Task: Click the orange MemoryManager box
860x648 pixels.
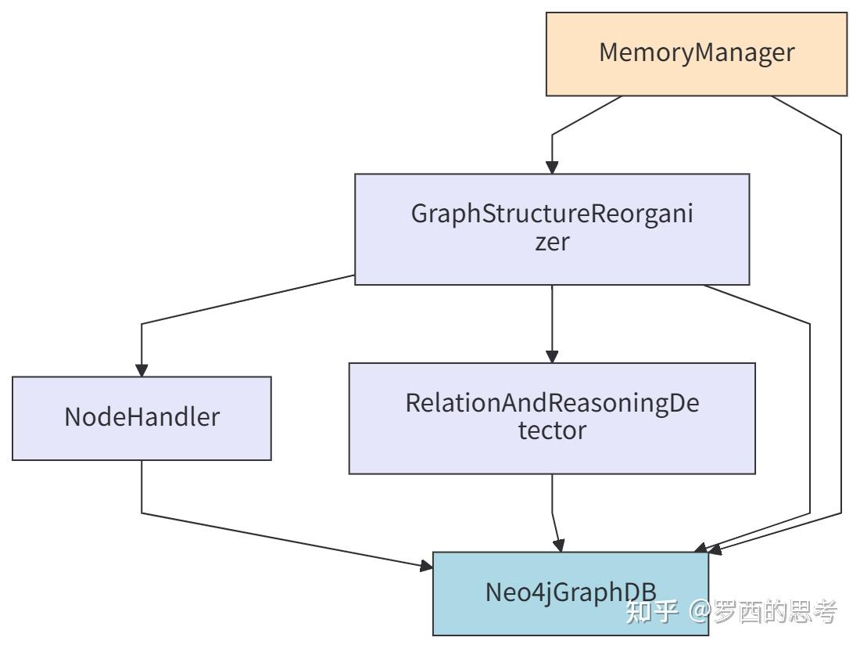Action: tap(696, 54)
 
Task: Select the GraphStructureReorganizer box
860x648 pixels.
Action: tap(552, 229)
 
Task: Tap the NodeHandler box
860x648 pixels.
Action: tap(142, 418)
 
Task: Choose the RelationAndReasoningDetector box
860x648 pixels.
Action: tap(552, 418)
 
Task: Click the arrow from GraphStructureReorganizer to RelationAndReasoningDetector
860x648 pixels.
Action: tap(552, 321)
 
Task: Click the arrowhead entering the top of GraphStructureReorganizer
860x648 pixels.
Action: tap(552, 167)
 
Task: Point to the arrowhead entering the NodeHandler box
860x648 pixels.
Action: tap(142, 369)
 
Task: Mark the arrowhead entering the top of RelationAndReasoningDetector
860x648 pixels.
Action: tap(552, 356)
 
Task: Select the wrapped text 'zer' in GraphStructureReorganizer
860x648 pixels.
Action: tap(552, 242)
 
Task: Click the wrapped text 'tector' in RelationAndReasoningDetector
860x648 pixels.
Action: tap(552, 430)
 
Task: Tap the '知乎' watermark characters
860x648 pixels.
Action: tap(654, 611)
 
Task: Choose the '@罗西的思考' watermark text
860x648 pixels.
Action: tap(763, 611)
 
